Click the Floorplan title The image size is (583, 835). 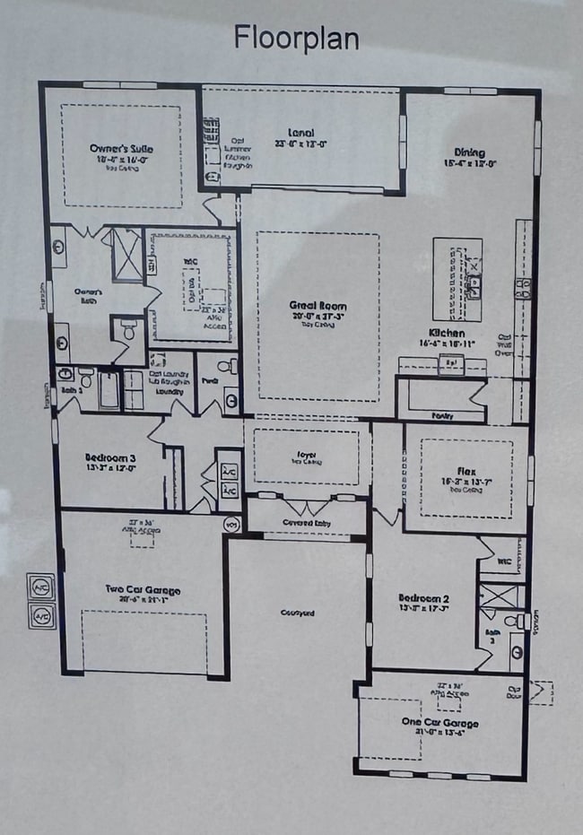[x=296, y=39]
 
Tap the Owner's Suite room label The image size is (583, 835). [x=121, y=148]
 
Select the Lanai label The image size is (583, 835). [x=300, y=133]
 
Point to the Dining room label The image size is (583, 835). [x=470, y=152]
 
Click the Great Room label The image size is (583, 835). [x=318, y=307]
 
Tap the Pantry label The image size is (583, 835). [x=440, y=415]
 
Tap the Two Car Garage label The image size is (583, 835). [x=143, y=589]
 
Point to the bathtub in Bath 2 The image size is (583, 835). [x=109, y=389]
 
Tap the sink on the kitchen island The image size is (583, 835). [x=474, y=287]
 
